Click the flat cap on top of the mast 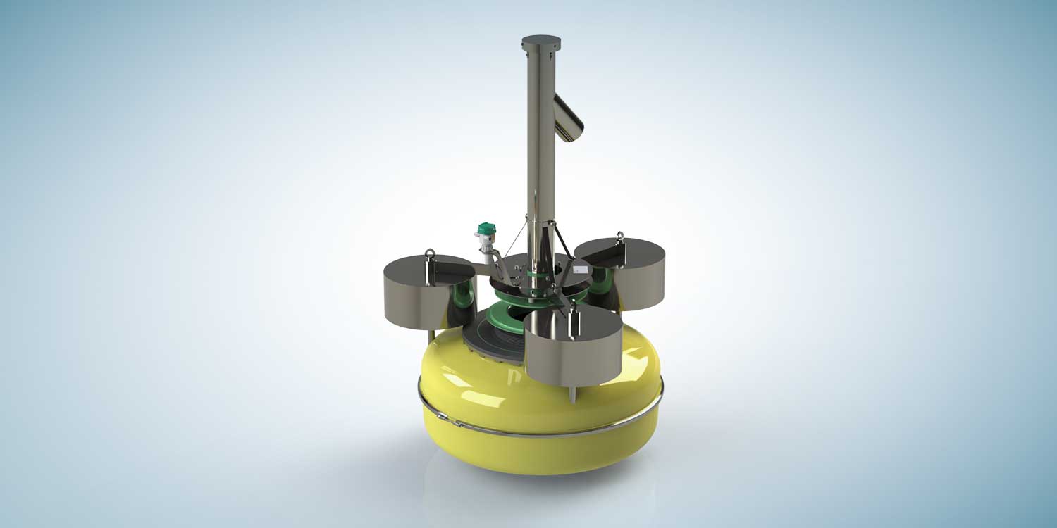click(540, 40)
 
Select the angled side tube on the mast click(569, 117)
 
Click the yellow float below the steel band click(536, 451)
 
